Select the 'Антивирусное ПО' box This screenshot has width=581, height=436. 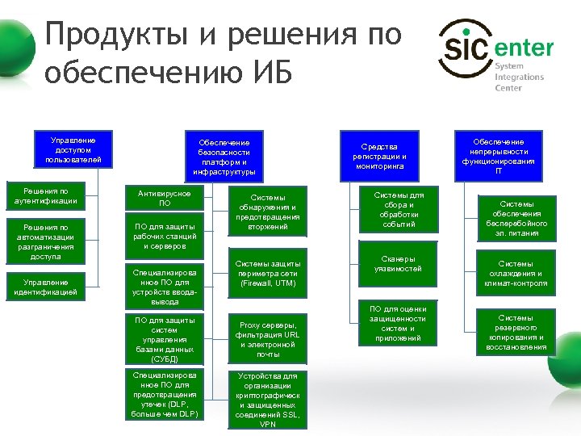[x=165, y=199]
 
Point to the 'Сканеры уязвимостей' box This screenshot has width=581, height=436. [x=394, y=264]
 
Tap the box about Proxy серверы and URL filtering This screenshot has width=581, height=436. [x=268, y=339]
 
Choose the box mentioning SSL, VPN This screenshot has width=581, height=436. [x=268, y=400]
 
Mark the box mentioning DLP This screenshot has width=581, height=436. [x=165, y=395]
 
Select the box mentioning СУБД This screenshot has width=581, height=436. [x=165, y=339]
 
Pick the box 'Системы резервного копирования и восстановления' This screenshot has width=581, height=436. [x=516, y=333]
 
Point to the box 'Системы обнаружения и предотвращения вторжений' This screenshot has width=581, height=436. [x=268, y=212]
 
